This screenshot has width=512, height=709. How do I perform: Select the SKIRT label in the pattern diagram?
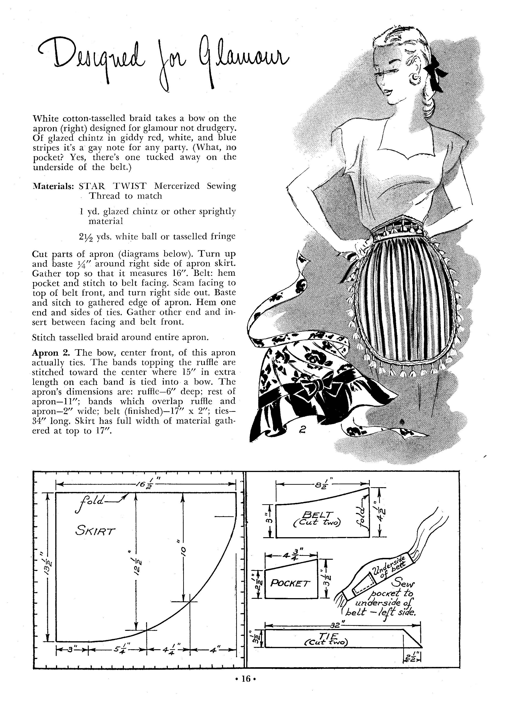pos(95,531)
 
